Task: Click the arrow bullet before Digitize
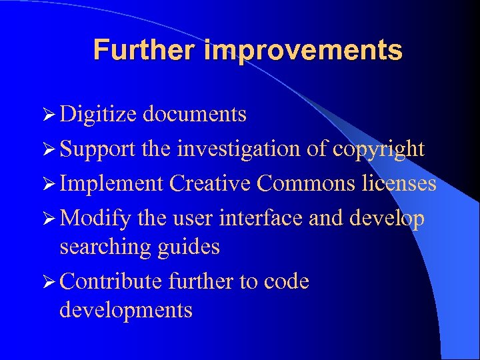[50, 115]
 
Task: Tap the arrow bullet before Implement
[50, 183]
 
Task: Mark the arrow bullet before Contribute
[50, 282]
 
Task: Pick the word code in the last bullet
[286, 281]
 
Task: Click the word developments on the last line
[125, 311]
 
